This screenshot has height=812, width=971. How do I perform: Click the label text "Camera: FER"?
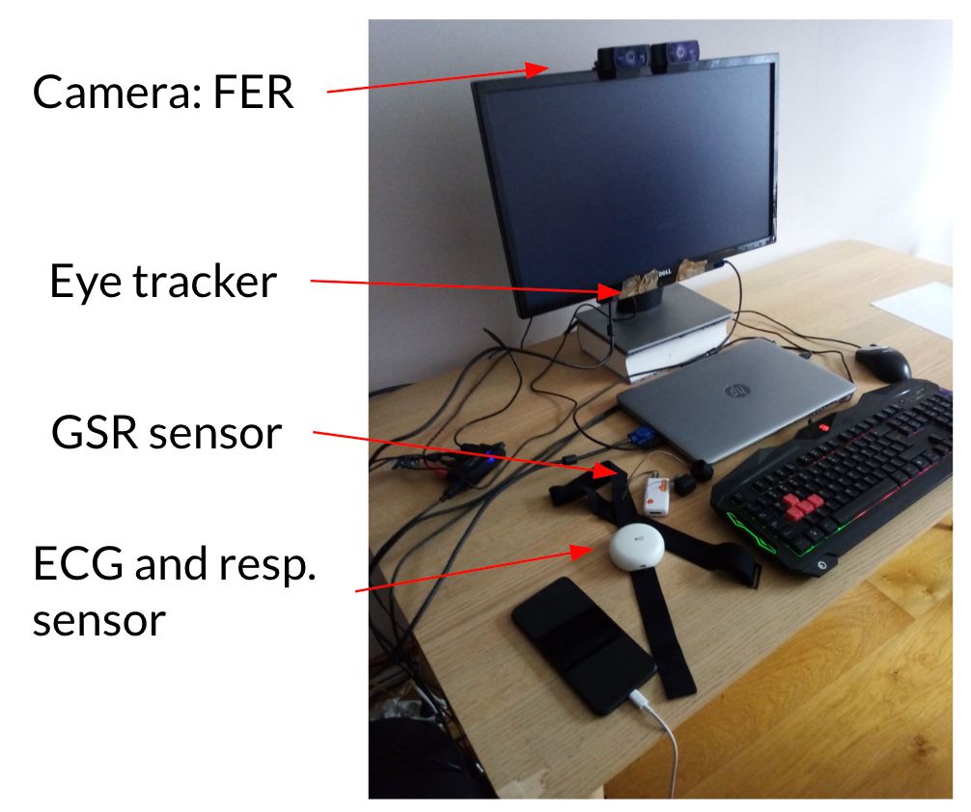tap(162, 94)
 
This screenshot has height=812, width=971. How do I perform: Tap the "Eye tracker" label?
tap(162, 282)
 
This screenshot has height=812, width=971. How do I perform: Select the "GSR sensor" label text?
tap(166, 433)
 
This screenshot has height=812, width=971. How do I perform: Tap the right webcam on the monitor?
tap(677, 58)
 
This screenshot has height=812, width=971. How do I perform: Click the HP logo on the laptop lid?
tap(737, 391)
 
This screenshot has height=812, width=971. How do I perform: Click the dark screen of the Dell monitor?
tap(623, 174)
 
